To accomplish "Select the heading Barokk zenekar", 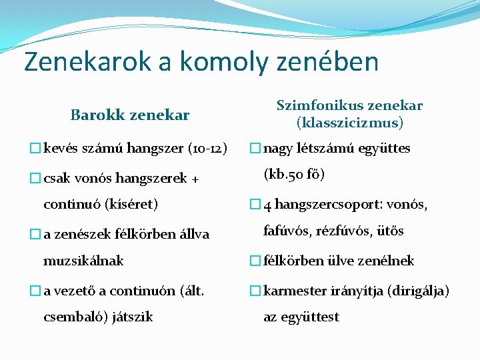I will (130, 115).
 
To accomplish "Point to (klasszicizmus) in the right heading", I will (350, 123).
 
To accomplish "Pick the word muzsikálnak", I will (83, 261).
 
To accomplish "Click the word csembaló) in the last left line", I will (71, 317).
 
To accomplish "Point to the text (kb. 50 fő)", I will (294, 175).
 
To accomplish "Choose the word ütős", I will (391, 231).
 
